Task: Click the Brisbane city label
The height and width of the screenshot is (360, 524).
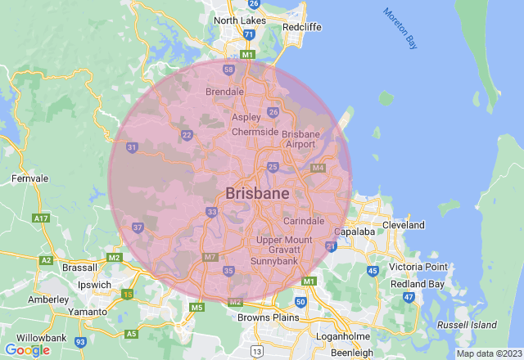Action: (x=256, y=194)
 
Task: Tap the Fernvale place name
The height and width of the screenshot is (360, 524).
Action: (x=29, y=178)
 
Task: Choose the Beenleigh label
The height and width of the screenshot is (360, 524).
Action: (x=354, y=353)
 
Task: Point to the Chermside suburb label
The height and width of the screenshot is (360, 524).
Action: (x=255, y=132)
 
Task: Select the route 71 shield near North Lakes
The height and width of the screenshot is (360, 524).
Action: (x=248, y=35)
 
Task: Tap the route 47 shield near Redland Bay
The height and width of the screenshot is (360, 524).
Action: (x=409, y=297)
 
